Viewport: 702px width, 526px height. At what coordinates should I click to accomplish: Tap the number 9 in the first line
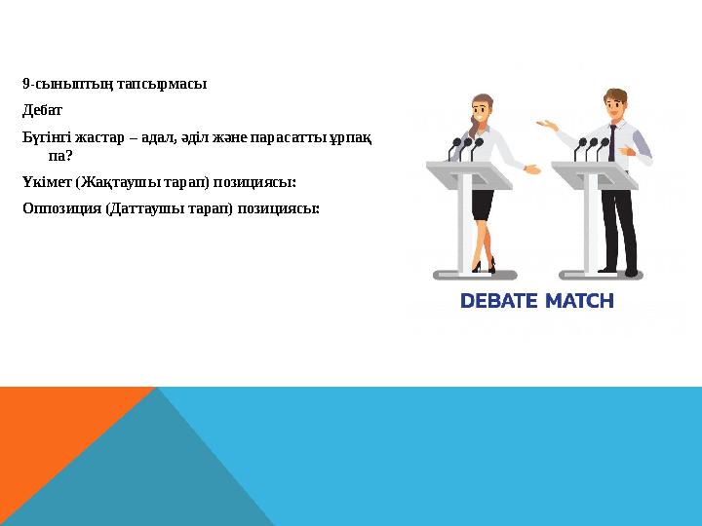pyautogui.click(x=25, y=84)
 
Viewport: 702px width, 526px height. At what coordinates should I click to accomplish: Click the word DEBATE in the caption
pyautogui.click(x=500, y=302)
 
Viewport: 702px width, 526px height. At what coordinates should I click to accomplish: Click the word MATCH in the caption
pyautogui.click(x=579, y=302)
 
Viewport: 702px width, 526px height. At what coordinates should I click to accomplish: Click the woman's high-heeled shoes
pyautogui.click(x=485, y=265)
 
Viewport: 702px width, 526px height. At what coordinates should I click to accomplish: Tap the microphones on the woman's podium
pyautogui.click(x=467, y=147)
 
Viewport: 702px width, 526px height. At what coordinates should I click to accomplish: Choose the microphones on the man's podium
pyautogui.click(x=592, y=147)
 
